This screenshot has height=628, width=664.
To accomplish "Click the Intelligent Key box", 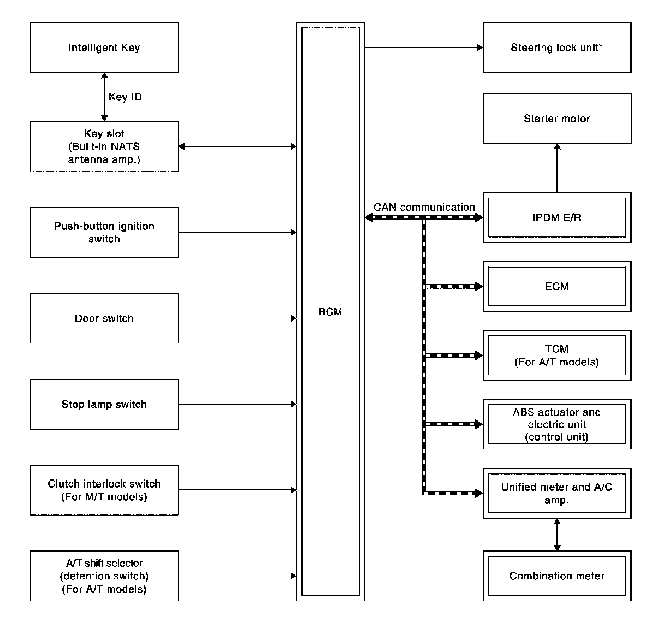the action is [x=104, y=48].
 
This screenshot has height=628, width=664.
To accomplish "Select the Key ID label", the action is [x=125, y=97].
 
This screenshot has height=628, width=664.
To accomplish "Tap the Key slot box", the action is [x=104, y=146].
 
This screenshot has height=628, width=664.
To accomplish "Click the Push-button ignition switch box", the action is [x=104, y=232].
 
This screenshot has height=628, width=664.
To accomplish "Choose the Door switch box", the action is [x=104, y=318].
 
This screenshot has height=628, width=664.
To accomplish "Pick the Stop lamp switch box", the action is [x=104, y=404].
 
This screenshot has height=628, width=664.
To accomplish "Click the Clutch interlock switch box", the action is [x=104, y=490].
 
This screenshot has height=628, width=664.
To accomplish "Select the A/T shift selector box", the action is [x=104, y=576].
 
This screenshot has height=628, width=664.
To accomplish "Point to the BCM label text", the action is [x=330, y=311].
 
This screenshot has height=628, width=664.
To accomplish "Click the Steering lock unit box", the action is [x=557, y=48].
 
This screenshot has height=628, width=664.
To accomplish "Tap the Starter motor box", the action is [x=557, y=119].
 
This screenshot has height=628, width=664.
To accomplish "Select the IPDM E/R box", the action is [x=557, y=217].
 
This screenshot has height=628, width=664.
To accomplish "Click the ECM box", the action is [x=557, y=286].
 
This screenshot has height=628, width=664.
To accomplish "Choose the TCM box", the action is [x=557, y=355].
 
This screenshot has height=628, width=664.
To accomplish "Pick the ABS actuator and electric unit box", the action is [x=557, y=424].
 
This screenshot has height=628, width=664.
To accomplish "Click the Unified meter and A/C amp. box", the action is [x=557, y=493].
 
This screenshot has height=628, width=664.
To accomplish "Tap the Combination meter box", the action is [x=557, y=576].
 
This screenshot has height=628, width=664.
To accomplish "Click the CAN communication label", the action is [x=424, y=207].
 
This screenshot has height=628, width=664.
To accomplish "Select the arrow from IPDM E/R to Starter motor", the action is [x=557, y=168].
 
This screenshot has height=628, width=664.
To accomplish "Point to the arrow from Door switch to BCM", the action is [x=238, y=318].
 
